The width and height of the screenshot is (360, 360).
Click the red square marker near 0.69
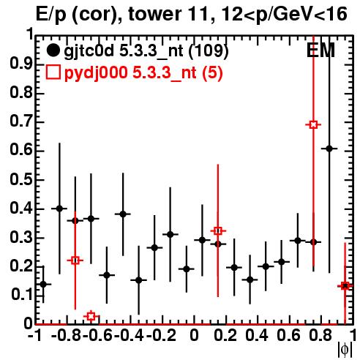pyautogui.click(x=313, y=125)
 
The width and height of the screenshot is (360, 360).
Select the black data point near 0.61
pyautogui.click(x=329, y=149)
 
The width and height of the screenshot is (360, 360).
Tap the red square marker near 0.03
pyautogui.click(x=91, y=316)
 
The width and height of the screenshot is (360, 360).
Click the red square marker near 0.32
pyautogui.click(x=218, y=230)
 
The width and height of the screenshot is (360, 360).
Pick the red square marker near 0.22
pyautogui.click(x=75, y=260)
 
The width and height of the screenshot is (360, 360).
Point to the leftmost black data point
pyautogui.click(x=43, y=284)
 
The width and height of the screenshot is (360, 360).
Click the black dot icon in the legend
pyautogui.click(x=53, y=50)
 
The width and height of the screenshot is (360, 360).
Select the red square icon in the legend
pyautogui.click(x=53, y=72)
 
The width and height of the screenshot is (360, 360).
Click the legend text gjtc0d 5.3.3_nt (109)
pyautogui.click(x=146, y=51)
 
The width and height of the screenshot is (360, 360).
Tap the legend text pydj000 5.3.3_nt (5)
pyautogui.click(x=143, y=73)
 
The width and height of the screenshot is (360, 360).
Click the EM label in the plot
pyautogui.click(x=320, y=50)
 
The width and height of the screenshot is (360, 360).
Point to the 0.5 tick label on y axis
pyautogui.click(x=21, y=180)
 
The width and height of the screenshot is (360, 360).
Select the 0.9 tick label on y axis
pyautogui.click(x=21, y=65)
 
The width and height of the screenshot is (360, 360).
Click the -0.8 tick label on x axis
pyautogui.click(x=67, y=335)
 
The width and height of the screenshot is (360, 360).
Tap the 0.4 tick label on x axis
pyautogui.click(x=257, y=335)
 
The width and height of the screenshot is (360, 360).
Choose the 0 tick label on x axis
pyautogui.click(x=194, y=335)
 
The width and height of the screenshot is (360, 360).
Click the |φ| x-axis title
pyautogui.click(x=345, y=350)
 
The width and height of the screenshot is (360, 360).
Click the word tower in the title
pyautogui.click(x=154, y=14)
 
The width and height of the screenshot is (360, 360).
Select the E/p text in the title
pyautogui.click(x=51, y=15)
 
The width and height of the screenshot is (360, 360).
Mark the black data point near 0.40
pyautogui.click(x=59, y=209)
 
